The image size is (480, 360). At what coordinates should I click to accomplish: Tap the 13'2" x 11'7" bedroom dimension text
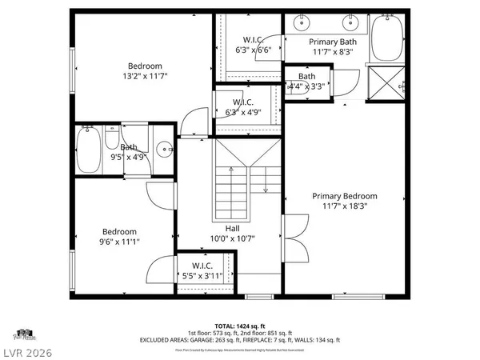pos(145,76)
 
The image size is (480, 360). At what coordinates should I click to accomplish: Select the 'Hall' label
pos(232,228)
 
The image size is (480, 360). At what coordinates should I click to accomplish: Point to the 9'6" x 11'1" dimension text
pos(118,242)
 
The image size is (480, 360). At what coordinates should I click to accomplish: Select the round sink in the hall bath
pos(164,148)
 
